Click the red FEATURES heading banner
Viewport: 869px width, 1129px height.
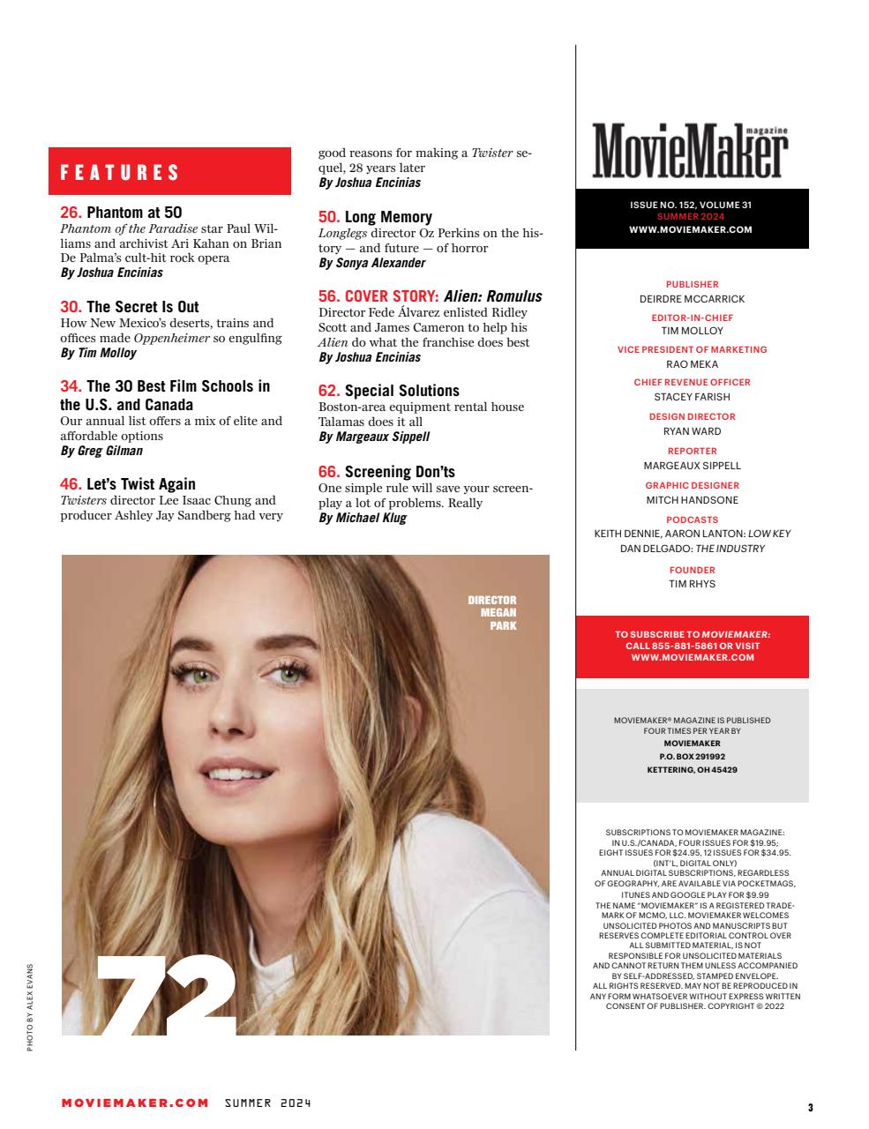169,172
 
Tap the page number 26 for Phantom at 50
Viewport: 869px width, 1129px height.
71,212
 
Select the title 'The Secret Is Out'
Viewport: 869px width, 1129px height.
143,307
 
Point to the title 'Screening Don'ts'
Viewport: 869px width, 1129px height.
400,472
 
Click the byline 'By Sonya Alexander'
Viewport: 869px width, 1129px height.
371,263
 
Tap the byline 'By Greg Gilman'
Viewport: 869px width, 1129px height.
101,451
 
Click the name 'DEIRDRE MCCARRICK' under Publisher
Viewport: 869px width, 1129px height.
692,299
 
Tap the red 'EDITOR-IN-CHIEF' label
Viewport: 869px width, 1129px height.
692,318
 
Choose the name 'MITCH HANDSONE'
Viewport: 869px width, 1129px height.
692,500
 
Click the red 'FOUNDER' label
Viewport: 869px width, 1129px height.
692,570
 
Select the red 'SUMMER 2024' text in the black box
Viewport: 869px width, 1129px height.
691,217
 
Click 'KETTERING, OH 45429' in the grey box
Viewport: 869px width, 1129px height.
692,770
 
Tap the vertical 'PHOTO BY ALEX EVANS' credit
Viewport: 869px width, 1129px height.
29,1006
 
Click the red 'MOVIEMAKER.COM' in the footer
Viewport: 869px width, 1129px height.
135,1103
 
